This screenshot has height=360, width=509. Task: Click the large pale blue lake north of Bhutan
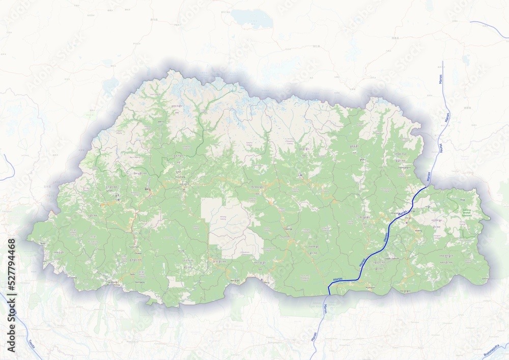pyautogui.click(x=251, y=18)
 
